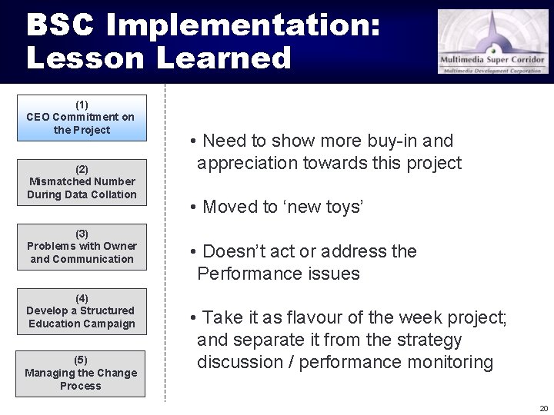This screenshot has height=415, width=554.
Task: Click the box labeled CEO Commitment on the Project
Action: click(x=82, y=117)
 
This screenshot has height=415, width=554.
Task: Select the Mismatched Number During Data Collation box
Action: click(x=82, y=181)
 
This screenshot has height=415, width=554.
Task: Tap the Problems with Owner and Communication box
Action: click(x=82, y=246)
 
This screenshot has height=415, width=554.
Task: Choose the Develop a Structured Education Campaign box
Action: click(x=82, y=310)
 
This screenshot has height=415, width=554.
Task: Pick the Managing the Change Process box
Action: click(x=82, y=373)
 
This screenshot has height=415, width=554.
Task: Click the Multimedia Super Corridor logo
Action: click(x=493, y=41)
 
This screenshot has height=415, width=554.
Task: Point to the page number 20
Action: click(x=543, y=408)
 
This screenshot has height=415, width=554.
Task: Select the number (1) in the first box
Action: click(x=82, y=104)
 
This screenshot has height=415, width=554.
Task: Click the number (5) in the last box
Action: click(x=82, y=360)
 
